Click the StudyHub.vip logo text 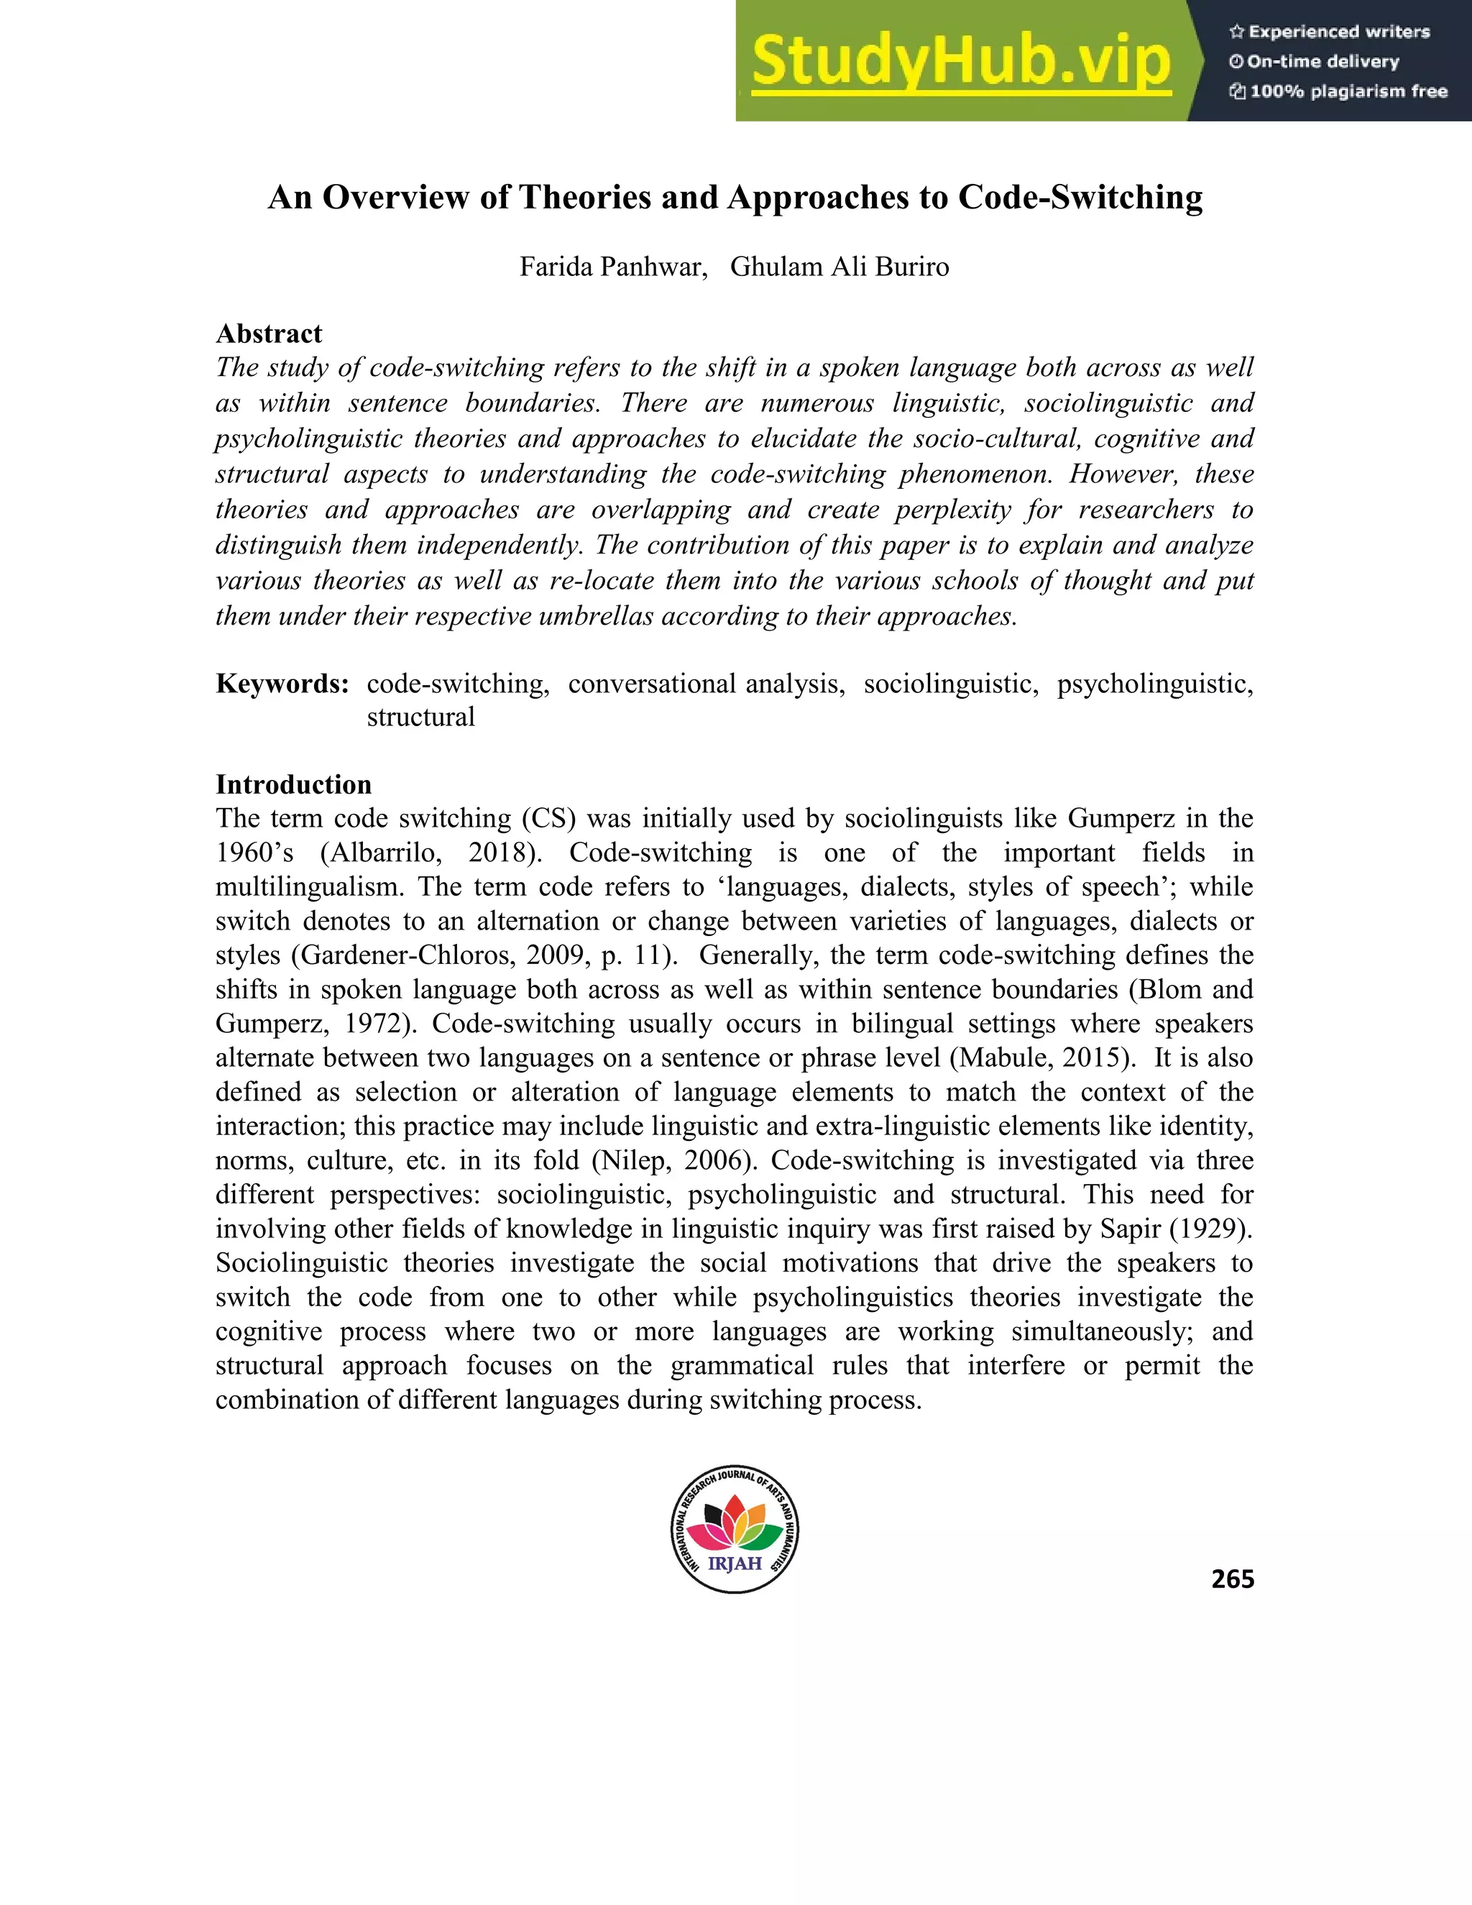coord(960,61)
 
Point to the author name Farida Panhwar coord(612,266)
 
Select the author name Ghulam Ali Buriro coord(839,266)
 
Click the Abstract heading coord(269,334)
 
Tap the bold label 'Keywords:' coord(282,683)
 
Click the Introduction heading coord(293,784)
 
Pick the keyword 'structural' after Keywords coord(420,717)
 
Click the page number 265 coord(1232,1579)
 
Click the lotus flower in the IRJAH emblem coord(735,1521)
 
